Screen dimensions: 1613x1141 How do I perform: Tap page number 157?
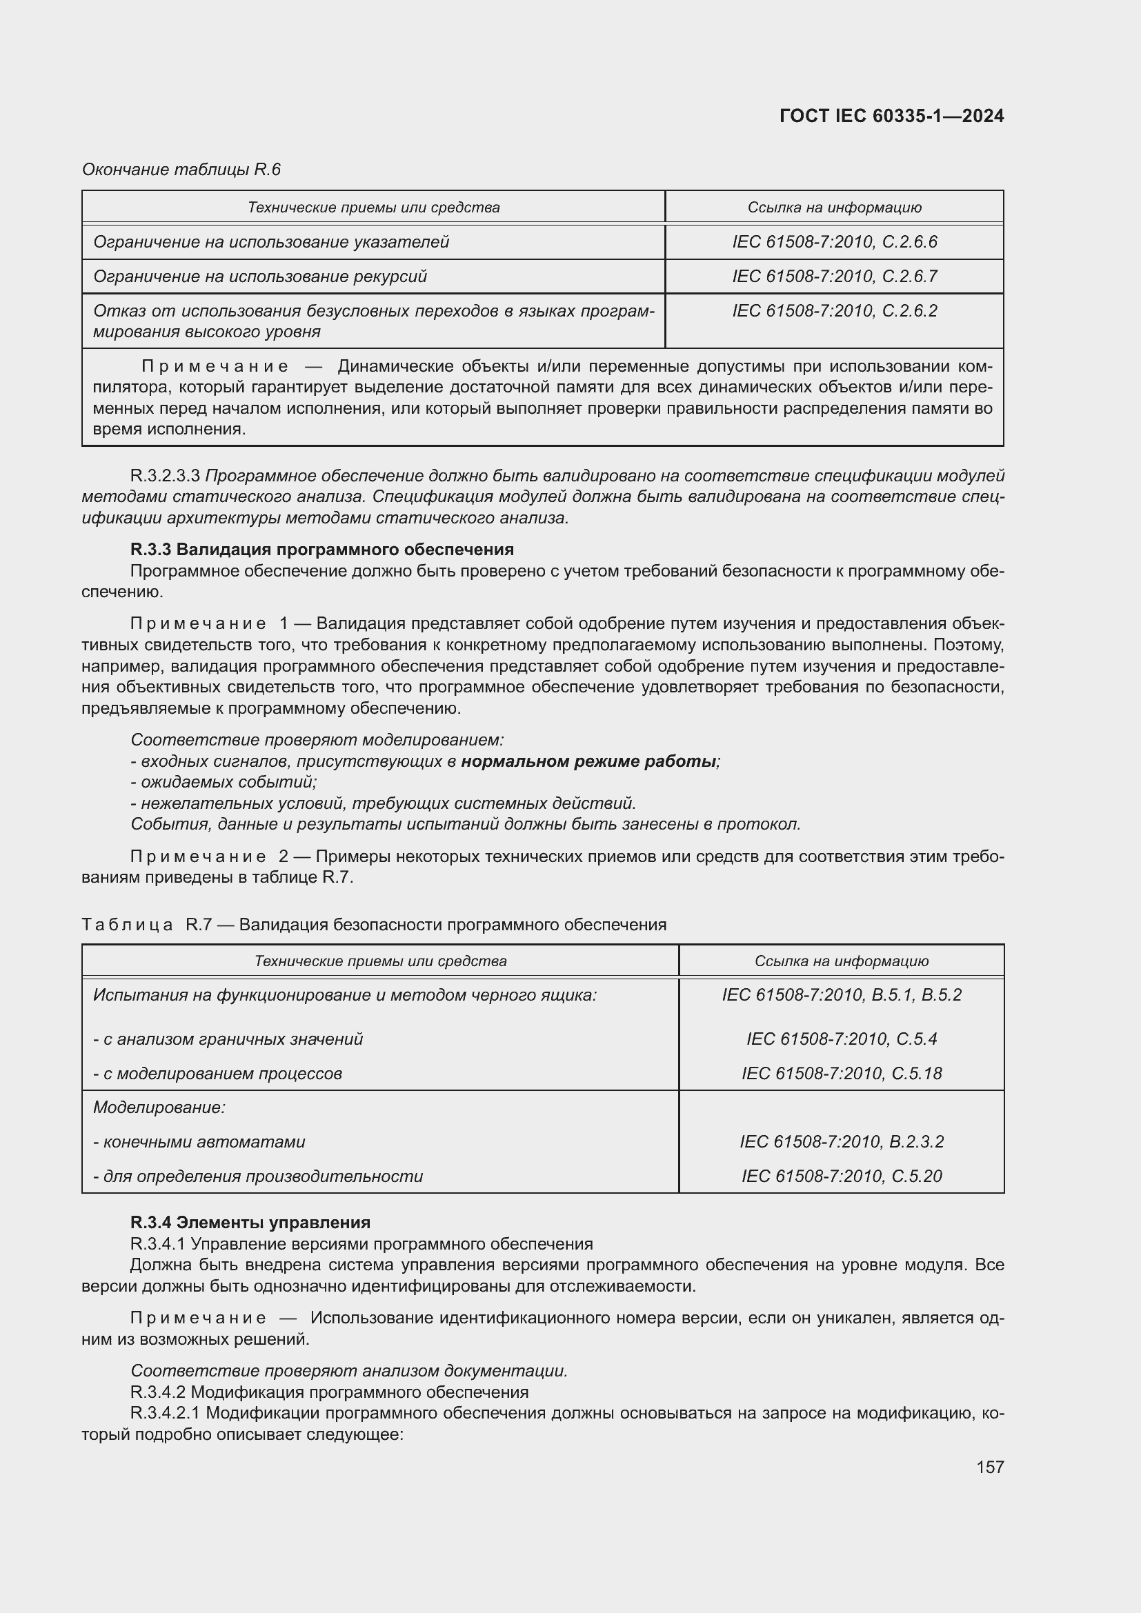989,1467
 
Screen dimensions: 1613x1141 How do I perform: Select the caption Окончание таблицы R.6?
181,170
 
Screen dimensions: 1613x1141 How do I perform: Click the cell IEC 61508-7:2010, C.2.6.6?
834,241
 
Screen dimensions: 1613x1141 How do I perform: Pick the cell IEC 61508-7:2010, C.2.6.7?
834,276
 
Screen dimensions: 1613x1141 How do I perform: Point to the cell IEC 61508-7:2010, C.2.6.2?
834,310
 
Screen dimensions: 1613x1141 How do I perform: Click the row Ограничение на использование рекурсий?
260,276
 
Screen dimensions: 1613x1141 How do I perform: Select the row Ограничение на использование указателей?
271,241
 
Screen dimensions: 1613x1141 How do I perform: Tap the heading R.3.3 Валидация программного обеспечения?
321,549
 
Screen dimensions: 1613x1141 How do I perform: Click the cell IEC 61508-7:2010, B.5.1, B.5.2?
841,995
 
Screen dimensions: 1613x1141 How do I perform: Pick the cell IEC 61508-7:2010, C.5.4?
841,1039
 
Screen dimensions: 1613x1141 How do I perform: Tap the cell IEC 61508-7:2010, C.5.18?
841,1073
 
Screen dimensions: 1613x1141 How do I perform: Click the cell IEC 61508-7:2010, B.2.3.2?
841,1141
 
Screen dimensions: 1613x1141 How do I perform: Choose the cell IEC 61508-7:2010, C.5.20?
841,1176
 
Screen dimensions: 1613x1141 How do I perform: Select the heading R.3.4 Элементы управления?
250,1223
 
